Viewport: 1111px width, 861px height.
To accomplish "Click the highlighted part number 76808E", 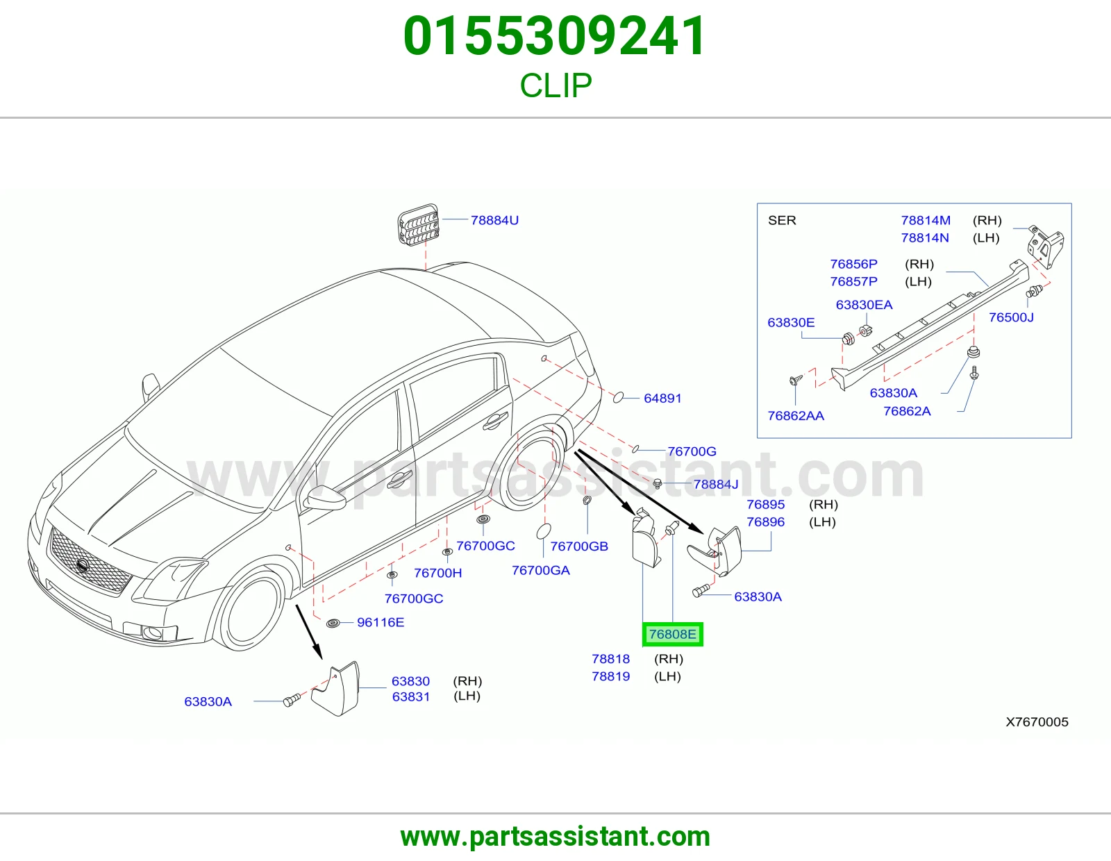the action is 672,635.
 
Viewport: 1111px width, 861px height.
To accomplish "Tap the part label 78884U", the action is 494,220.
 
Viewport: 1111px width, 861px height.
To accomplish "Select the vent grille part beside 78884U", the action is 418,224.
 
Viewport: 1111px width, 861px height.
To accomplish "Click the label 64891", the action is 662,399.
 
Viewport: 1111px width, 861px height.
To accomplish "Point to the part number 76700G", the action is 692,451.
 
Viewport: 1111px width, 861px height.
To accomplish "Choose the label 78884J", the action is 716,484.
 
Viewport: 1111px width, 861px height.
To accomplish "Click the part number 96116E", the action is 381,622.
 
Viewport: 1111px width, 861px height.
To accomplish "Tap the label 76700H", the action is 437,573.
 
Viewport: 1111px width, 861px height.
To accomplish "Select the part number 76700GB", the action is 579,546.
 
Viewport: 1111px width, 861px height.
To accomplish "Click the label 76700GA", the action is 541,571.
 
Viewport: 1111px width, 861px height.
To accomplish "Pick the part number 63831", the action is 411,697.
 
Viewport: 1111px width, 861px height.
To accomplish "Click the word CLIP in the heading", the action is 555,85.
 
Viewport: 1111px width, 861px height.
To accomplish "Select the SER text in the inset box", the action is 783,220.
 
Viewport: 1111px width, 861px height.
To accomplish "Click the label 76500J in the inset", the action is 1011,317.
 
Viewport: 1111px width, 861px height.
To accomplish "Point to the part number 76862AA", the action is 796,416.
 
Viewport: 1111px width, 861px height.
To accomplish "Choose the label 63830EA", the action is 864,306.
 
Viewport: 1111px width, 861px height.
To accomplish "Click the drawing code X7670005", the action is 1037,722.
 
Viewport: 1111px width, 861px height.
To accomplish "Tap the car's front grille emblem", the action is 83,567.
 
